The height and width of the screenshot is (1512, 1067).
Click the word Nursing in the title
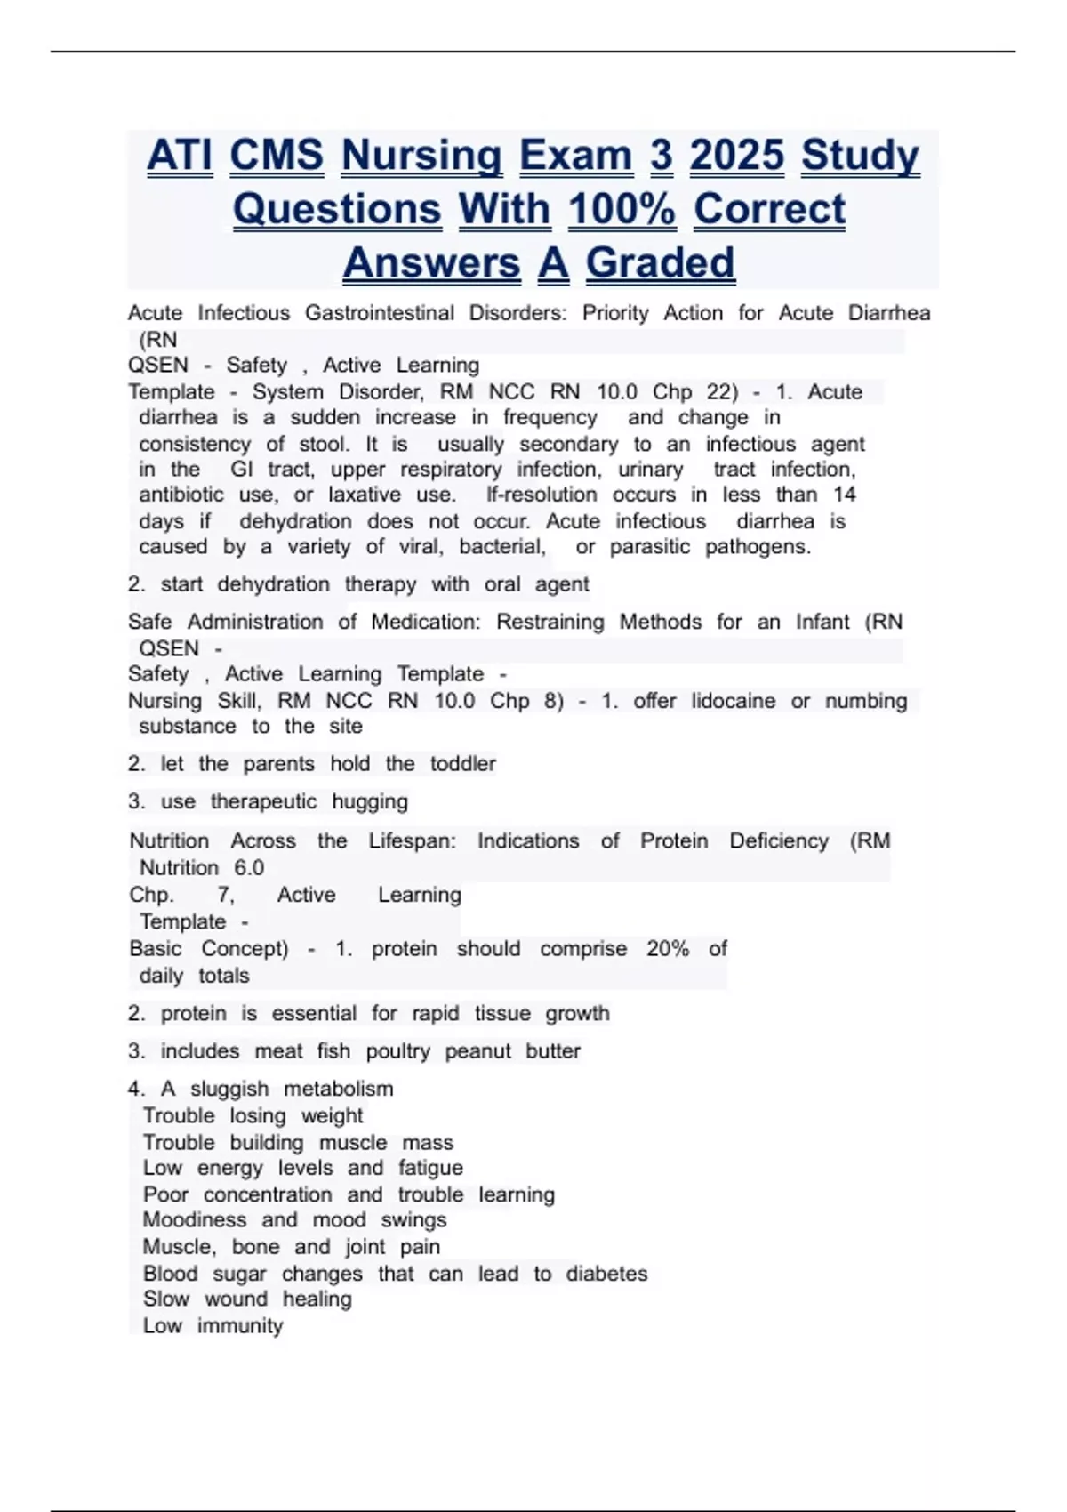coord(421,156)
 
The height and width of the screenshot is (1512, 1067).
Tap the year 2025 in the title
coord(737,156)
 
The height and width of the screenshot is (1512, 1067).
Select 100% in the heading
coord(622,210)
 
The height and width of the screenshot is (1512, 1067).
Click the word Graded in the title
coord(660,263)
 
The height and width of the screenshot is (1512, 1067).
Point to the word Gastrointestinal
coord(379,313)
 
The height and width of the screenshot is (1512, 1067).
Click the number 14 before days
coord(845,495)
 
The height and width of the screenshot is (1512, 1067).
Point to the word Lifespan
coord(412,841)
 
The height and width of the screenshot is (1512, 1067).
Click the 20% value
coord(668,949)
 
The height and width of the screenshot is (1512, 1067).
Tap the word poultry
coord(397,1051)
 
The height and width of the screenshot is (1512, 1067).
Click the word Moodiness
coord(195,1220)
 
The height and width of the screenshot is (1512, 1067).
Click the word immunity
coord(240,1326)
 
